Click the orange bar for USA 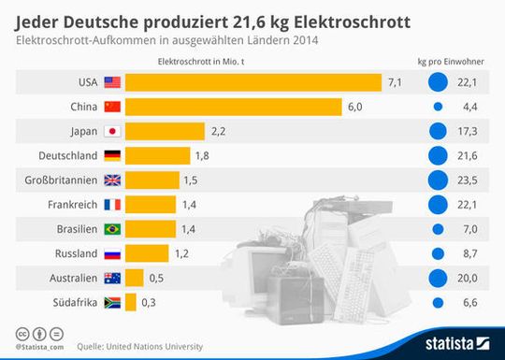pyautogui.click(x=252, y=82)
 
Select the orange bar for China pyautogui.click(x=233, y=107)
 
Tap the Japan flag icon pyautogui.click(x=112, y=131)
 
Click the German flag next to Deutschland pyautogui.click(x=112, y=155)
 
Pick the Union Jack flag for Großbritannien pyautogui.click(x=112, y=180)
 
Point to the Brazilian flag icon pyautogui.click(x=112, y=228)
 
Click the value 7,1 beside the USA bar pyautogui.click(x=395, y=82)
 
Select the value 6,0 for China pyautogui.click(x=354, y=107)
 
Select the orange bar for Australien pyautogui.click(x=134, y=277)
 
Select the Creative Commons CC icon pyautogui.click(x=21, y=332)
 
